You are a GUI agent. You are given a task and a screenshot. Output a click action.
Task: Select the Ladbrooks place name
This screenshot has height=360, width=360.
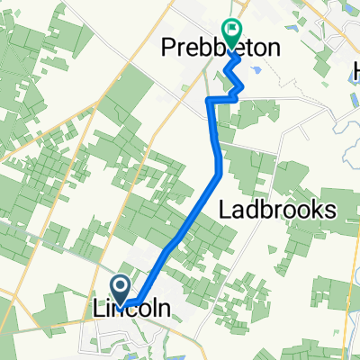pyautogui.click(x=278, y=210)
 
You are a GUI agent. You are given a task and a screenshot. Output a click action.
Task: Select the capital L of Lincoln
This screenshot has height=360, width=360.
pyautogui.click(x=99, y=308)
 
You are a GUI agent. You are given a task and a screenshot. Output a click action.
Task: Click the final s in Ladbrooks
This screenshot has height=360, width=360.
pyautogui.click(x=330, y=210)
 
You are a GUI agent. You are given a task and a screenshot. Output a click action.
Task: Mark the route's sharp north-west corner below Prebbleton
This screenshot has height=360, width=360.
pyautogui.click(x=210, y=101)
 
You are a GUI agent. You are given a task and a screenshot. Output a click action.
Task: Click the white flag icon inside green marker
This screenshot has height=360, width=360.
pyautogui.click(x=231, y=29)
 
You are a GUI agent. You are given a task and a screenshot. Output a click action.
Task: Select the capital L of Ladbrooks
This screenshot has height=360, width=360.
pyautogui.click(x=226, y=210)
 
